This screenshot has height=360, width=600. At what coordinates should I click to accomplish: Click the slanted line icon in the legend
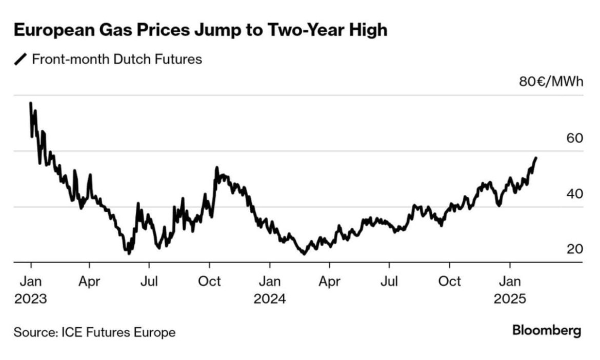[21, 59]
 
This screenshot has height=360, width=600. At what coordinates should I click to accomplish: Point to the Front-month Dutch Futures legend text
[117, 59]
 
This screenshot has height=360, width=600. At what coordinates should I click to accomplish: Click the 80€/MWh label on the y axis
[551, 82]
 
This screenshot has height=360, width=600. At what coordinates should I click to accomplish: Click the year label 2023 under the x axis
[30, 298]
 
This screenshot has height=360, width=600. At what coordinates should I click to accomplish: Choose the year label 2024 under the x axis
[270, 298]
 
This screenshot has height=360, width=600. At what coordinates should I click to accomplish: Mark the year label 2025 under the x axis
[509, 298]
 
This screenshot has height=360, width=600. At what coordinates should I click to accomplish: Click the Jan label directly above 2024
[270, 282]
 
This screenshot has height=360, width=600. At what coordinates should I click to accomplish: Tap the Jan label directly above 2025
[509, 282]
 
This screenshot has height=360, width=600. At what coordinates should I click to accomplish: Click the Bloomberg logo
[547, 331]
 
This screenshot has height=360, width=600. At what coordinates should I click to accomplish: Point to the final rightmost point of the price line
[536, 158]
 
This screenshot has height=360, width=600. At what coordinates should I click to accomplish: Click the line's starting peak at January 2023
[31, 104]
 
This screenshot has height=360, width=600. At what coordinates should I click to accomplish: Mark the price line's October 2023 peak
[217, 168]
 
